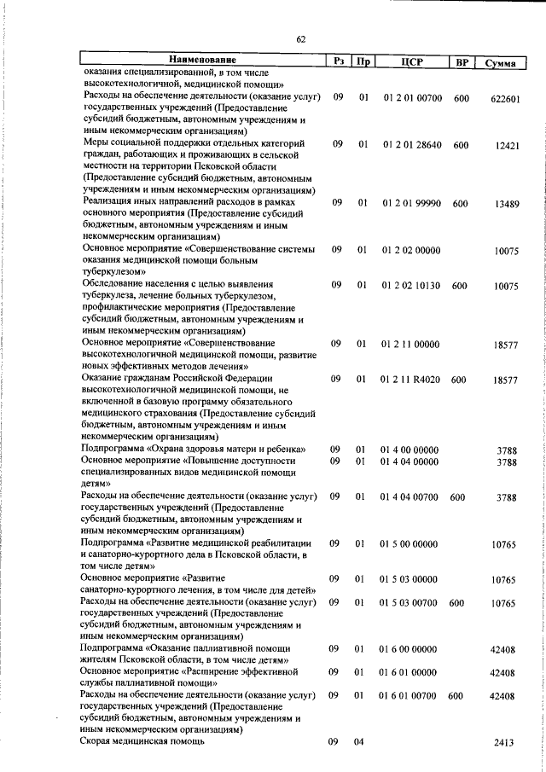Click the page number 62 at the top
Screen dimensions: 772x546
[301, 39]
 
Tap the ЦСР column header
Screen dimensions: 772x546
[412, 61]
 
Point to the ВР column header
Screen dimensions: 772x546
[462, 62]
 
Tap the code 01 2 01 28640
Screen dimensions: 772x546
[412, 145]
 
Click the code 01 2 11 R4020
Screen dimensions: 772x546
[412, 379]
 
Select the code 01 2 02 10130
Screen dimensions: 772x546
[412, 286]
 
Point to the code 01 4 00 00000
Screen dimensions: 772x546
[409, 449]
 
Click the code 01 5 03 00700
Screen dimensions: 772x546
[411, 602]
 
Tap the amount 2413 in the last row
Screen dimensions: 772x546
[504, 743]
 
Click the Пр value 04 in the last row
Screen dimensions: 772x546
[362, 742]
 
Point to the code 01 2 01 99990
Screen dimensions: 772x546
[412, 203]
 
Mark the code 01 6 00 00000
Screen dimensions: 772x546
[409, 649]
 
